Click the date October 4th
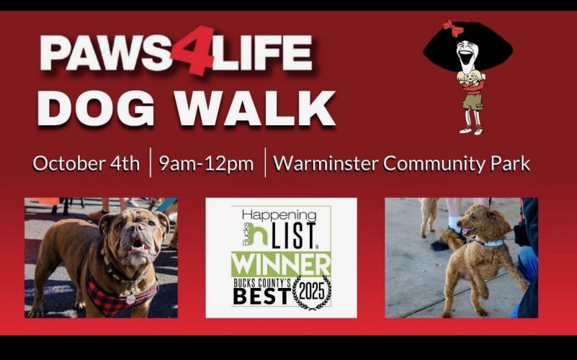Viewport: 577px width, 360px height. (x=86, y=163)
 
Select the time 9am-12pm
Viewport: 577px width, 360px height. (x=207, y=163)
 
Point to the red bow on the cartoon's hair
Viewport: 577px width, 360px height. (x=453, y=28)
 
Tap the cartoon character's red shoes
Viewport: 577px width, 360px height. (x=470, y=130)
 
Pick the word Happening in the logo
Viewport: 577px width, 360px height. (x=279, y=215)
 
